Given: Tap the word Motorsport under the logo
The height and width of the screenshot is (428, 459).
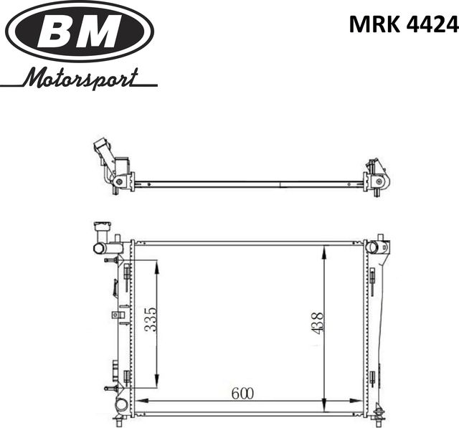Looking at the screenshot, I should (79, 77).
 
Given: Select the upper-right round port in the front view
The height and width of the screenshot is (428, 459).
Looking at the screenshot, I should (372, 247).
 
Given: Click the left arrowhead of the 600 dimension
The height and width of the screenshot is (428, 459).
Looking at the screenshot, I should (139, 399).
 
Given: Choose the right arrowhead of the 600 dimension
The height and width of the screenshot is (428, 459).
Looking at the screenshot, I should (362, 399).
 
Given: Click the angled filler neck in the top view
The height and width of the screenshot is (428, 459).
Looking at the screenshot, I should (103, 153).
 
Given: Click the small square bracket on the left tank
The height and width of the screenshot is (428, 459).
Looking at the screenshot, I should (115, 314).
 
